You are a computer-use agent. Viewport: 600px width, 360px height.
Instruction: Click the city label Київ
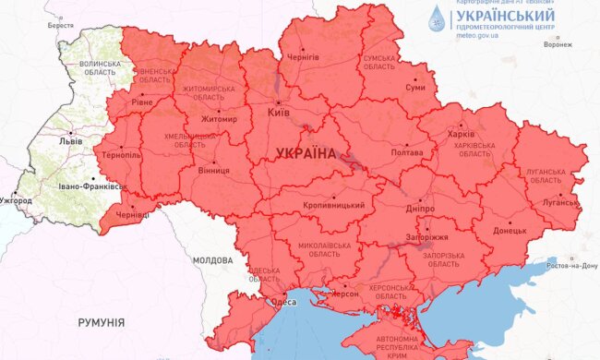279,113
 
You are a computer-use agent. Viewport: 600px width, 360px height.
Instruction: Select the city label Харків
461,134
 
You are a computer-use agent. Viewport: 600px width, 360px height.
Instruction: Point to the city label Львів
69,142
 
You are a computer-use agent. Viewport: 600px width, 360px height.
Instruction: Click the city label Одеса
282,301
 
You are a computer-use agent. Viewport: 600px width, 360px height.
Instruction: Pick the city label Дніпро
419,210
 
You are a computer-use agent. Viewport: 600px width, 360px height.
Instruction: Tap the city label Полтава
407,151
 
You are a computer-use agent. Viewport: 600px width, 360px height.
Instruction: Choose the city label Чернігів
304,57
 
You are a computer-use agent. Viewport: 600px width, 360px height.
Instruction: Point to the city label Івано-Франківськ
90,186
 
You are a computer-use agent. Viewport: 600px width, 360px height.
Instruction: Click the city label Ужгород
15,200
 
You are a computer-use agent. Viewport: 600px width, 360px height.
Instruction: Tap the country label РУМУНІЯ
102,322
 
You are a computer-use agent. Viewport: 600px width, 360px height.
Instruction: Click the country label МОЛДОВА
213,261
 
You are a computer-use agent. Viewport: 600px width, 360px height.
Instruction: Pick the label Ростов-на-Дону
571,266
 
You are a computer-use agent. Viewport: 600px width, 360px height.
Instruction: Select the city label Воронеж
558,43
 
